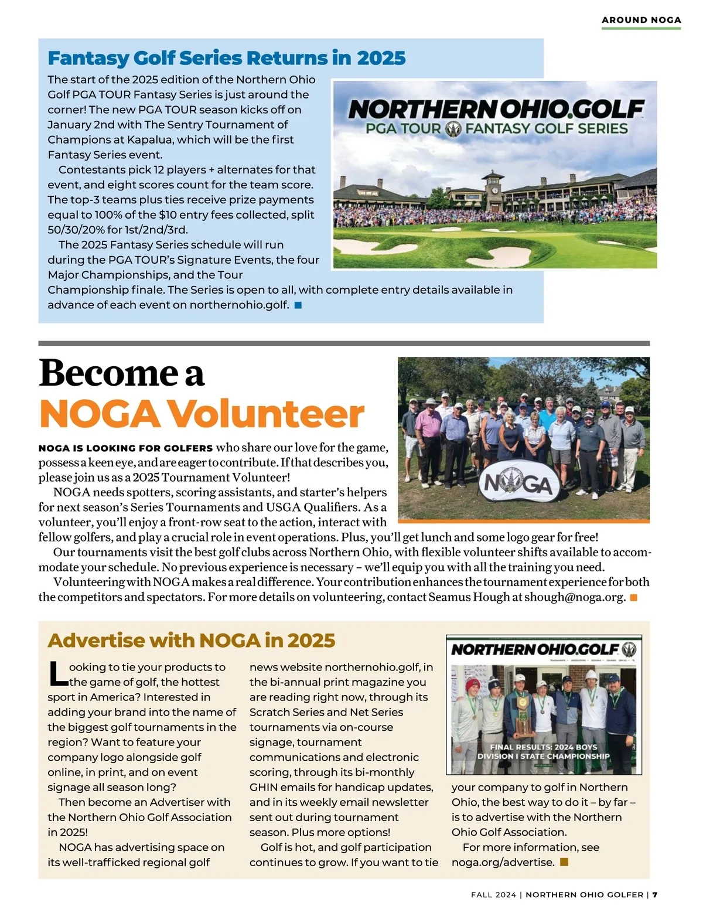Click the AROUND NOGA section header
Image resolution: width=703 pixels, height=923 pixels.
point(641,20)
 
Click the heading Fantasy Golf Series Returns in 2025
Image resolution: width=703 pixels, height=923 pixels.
point(226,58)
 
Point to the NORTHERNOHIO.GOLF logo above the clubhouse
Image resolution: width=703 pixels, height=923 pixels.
point(496,110)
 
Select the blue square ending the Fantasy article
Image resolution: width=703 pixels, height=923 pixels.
point(298,305)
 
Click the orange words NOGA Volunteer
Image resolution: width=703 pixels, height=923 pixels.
point(202,414)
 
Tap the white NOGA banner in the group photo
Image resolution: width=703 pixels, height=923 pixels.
point(516,484)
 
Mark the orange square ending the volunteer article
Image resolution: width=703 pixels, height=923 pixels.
point(633,597)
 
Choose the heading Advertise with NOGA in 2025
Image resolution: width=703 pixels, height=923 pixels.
point(191,641)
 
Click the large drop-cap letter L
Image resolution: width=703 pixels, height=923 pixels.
point(57,674)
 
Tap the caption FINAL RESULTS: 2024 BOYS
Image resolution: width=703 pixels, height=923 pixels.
point(543,747)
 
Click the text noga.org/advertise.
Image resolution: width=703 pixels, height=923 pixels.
point(503,862)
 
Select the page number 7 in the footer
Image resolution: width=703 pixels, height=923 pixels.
point(655,895)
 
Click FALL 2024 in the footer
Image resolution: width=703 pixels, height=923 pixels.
point(493,895)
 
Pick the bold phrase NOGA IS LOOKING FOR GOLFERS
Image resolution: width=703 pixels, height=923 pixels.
point(125,448)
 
